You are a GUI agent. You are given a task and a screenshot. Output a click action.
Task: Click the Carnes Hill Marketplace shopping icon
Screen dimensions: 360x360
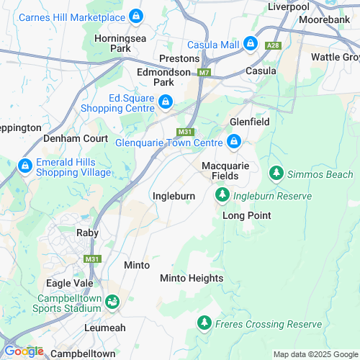point(137,16)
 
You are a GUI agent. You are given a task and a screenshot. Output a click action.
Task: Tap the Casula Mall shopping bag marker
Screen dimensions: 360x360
point(251,44)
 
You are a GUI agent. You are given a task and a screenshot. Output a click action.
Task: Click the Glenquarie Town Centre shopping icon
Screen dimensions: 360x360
point(234,143)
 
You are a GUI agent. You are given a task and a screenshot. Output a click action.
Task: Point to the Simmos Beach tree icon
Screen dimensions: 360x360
point(276,174)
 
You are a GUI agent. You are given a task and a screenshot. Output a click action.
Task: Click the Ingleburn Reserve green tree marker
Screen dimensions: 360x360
point(222,195)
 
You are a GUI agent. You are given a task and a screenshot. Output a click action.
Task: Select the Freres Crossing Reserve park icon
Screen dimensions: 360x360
point(205,324)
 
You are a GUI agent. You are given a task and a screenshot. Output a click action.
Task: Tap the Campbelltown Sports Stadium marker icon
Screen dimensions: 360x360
point(112,302)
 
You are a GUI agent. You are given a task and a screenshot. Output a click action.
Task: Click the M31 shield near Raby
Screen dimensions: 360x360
point(91,259)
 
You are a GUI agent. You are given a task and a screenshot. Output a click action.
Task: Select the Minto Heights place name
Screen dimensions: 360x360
point(192,278)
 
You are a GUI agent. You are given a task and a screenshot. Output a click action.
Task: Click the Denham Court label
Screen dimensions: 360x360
point(75,138)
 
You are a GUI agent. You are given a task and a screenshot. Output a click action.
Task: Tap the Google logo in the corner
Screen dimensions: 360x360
point(24,351)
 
